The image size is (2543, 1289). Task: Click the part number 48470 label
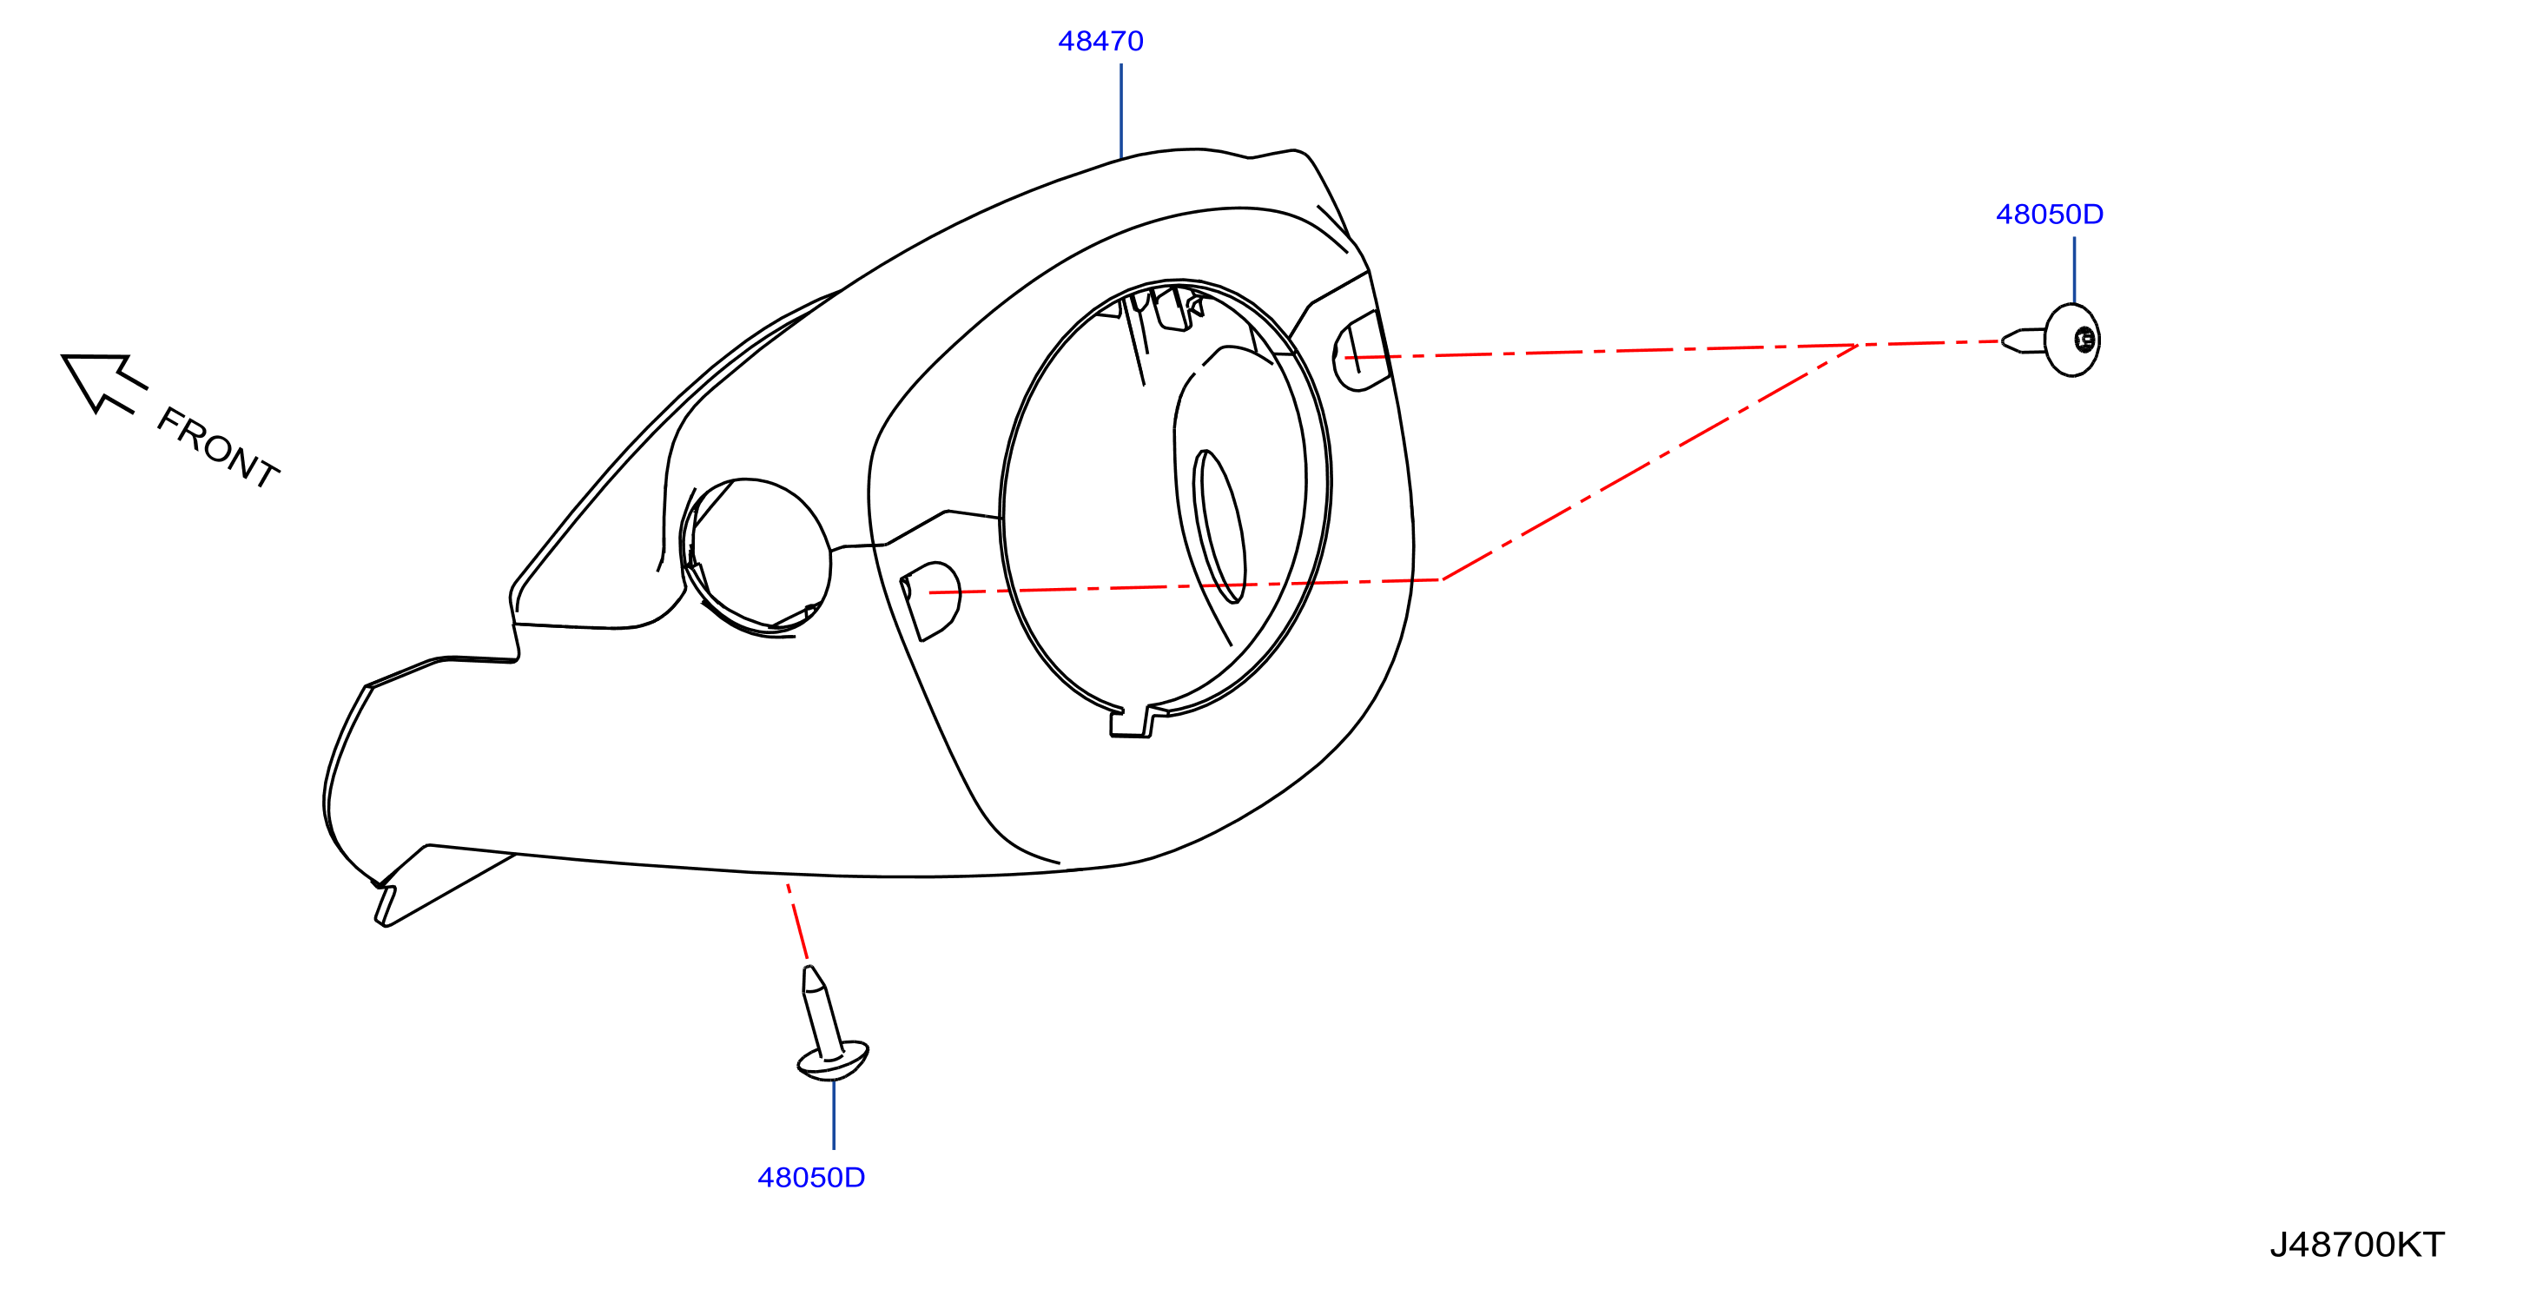[x=1100, y=42]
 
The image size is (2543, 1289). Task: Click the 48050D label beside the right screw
[x=2050, y=215]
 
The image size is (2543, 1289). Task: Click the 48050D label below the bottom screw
[x=810, y=1178]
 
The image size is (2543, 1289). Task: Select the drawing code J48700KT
[x=2356, y=1245]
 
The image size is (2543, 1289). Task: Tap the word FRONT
[x=218, y=447]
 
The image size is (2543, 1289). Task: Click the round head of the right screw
[x=2071, y=340]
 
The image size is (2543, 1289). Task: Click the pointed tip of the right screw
[x=2003, y=341]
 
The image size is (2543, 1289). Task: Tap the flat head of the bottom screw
[x=832, y=1060]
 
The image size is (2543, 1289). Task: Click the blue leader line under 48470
[x=1120, y=110]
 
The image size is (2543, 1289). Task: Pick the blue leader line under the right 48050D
[x=2073, y=269]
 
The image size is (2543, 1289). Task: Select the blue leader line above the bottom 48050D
[x=833, y=1114]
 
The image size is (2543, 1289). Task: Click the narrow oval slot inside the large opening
[x=1219, y=526]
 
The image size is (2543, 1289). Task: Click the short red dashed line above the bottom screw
[x=797, y=922]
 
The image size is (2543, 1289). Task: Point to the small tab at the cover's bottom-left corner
[x=385, y=906]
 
